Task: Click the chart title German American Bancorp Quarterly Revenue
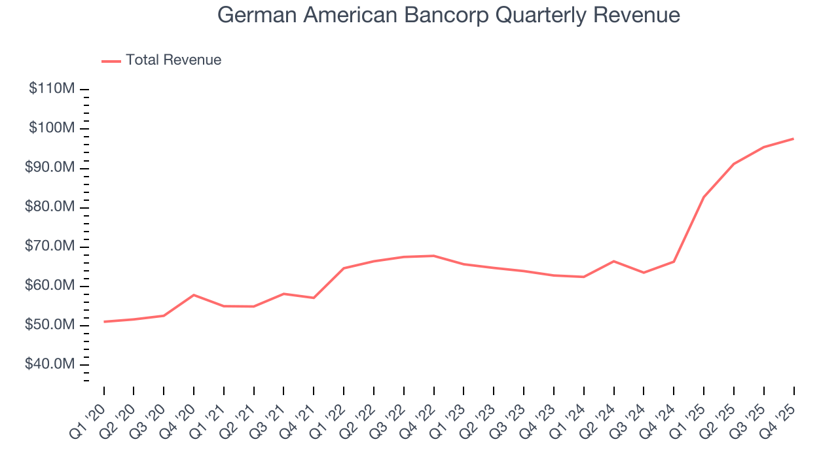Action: (x=448, y=15)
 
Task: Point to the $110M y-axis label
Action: (x=52, y=88)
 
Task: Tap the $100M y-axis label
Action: (x=52, y=128)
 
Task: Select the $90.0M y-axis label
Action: (x=50, y=167)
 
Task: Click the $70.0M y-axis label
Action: (x=50, y=246)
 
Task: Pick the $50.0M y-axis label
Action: (x=50, y=325)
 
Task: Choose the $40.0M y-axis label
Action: (x=50, y=364)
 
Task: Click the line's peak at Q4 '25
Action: (x=793, y=139)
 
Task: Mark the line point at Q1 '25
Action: (x=704, y=197)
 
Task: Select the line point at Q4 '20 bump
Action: (x=194, y=295)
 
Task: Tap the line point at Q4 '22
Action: (x=434, y=256)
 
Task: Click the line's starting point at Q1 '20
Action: (x=104, y=322)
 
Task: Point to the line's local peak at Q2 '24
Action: (x=613, y=261)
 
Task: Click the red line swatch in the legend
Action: (x=111, y=61)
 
